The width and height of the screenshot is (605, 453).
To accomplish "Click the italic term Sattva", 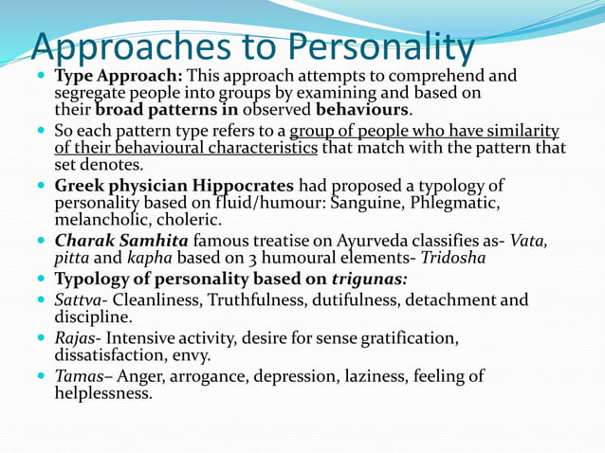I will pyautogui.click(x=79, y=300).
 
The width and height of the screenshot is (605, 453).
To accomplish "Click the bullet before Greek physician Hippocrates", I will pyautogui.click(x=39, y=187).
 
